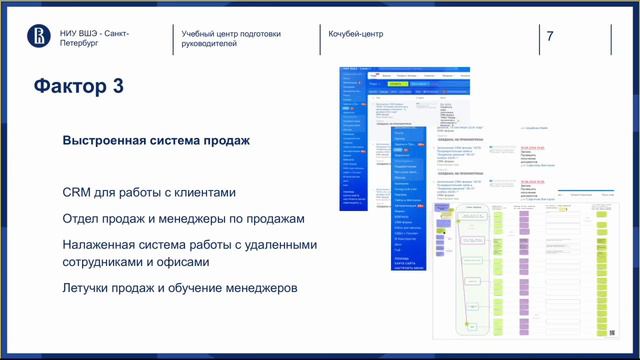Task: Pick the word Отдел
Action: [81, 218]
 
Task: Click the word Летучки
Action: [89, 289]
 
